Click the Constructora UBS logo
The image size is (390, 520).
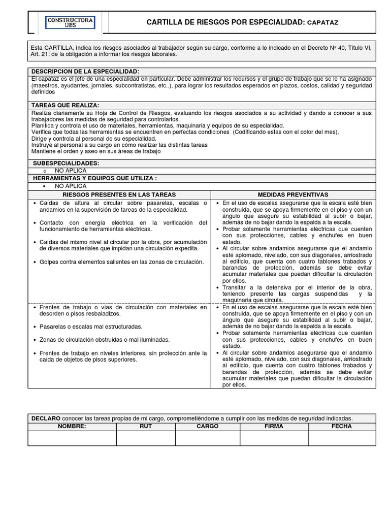(x=70, y=22)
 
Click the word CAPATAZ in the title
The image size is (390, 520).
(x=322, y=23)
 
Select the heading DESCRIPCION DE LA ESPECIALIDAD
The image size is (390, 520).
(x=85, y=72)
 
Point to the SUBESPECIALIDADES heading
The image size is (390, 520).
(x=66, y=163)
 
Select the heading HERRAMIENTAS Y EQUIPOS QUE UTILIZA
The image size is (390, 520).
(x=95, y=178)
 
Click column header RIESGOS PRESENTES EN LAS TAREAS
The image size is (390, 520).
(x=119, y=194)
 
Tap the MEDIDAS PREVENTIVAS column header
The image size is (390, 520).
(x=293, y=194)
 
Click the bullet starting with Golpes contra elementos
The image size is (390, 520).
(x=114, y=262)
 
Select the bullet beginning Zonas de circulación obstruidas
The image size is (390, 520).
(x=104, y=340)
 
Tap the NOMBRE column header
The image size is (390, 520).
(x=72, y=427)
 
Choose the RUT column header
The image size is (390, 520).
(x=146, y=427)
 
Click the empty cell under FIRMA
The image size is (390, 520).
(x=274, y=438)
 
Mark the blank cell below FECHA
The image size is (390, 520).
(x=342, y=438)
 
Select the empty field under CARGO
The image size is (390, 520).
(x=207, y=438)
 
